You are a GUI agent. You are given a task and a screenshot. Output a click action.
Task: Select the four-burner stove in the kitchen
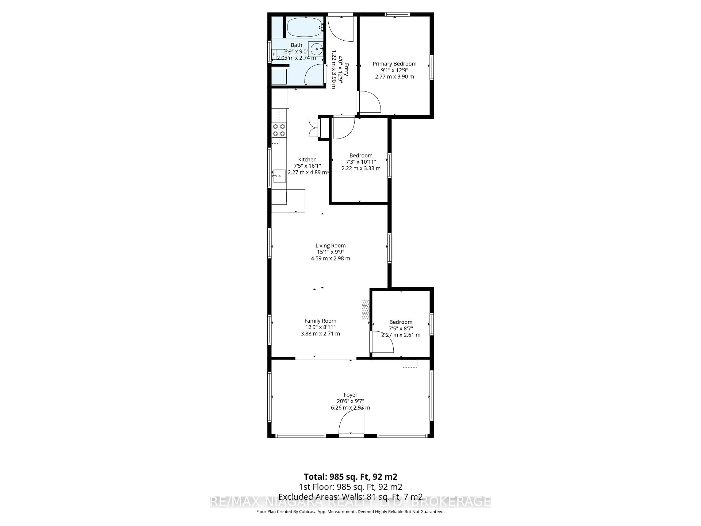tap(279, 130)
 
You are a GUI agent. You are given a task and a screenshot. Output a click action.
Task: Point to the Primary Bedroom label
tap(394, 64)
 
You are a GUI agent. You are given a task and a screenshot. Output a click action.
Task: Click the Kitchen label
tap(307, 159)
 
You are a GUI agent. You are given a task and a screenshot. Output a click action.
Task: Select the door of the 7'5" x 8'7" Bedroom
tap(382, 342)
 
